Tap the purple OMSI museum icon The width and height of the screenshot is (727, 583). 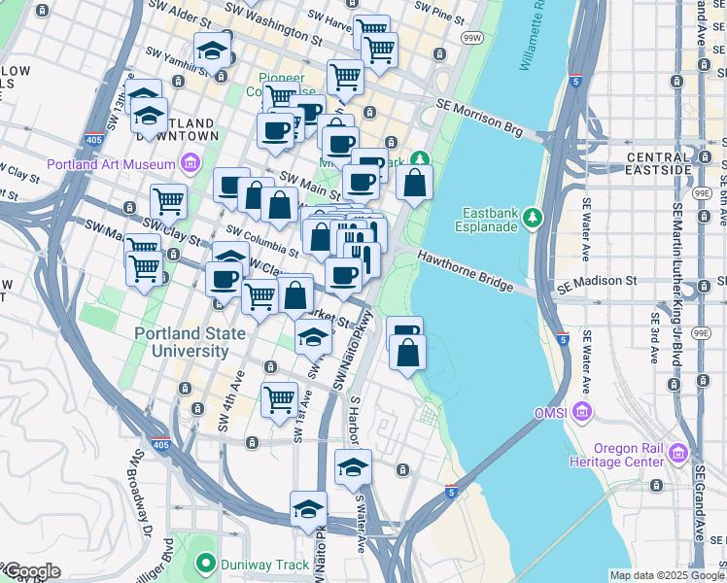click(x=582, y=412)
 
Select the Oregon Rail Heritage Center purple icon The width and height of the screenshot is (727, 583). click(x=677, y=453)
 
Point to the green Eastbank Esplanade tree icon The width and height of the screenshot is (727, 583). click(x=531, y=216)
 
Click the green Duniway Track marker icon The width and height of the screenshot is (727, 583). click(x=205, y=562)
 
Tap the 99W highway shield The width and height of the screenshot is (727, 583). click(x=472, y=37)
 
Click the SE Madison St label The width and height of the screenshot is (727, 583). click(x=595, y=281)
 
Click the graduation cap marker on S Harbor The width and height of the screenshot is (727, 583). click(x=354, y=468)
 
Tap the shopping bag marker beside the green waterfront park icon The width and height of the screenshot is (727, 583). click(x=414, y=182)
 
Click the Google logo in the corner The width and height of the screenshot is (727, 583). click(x=31, y=571)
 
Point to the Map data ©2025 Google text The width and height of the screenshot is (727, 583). click(x=667, y=575)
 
